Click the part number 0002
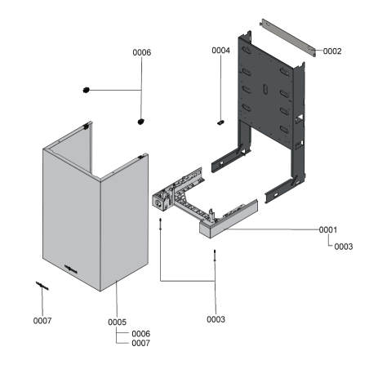pos(331,51)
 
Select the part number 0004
pos(220,51)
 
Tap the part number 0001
pos(328,230)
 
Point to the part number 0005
pos(117,322)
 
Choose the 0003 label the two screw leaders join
pos(215,319)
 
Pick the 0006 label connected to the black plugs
pos(142,52)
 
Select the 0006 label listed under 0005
pos(140,333)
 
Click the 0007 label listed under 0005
pos(140,344)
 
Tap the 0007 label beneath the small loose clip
pos(42,320)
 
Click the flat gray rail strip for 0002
pos(287,36)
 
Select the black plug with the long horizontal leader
pos(85,89)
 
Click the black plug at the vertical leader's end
pos(141,122)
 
